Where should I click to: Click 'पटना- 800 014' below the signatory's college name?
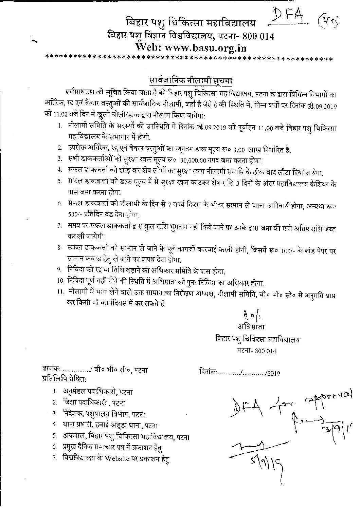click(256, 351)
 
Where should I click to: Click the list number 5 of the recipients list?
click(54, 436)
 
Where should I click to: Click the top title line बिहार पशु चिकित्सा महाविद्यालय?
click(190, 23)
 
